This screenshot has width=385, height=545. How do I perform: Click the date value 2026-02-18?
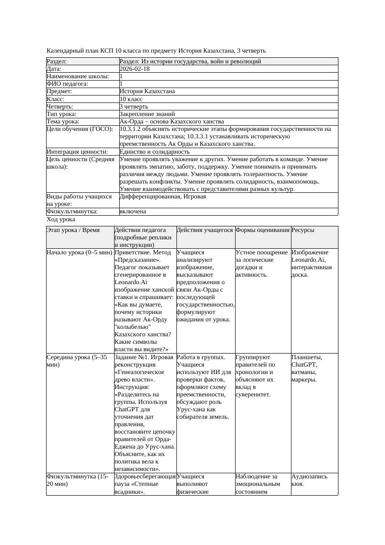pos(135,69)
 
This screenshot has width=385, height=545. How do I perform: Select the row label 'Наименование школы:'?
pos(78,76)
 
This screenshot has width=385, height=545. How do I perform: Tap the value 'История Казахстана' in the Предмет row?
pos(147,91)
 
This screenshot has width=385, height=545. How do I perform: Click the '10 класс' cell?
pos(132,99)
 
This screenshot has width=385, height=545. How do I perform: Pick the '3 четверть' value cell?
pos(134,107)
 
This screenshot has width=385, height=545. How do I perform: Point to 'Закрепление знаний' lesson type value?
pos(147,114)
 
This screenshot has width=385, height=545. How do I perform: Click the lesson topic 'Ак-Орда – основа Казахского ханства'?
pos(172,122)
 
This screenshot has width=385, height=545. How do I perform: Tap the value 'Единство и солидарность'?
pos(155,152)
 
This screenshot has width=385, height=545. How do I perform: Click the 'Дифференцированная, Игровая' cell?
pos(162,197)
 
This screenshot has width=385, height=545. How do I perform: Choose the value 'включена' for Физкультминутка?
pos(133,211)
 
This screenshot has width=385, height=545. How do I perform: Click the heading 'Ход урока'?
pos(61,219)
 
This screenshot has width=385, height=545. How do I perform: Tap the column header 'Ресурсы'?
pos(303,230)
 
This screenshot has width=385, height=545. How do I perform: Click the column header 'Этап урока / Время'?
pos(73,230)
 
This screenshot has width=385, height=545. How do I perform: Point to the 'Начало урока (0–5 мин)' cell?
pos(80,252)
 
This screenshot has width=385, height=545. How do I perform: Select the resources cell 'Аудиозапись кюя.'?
pos(309,480)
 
